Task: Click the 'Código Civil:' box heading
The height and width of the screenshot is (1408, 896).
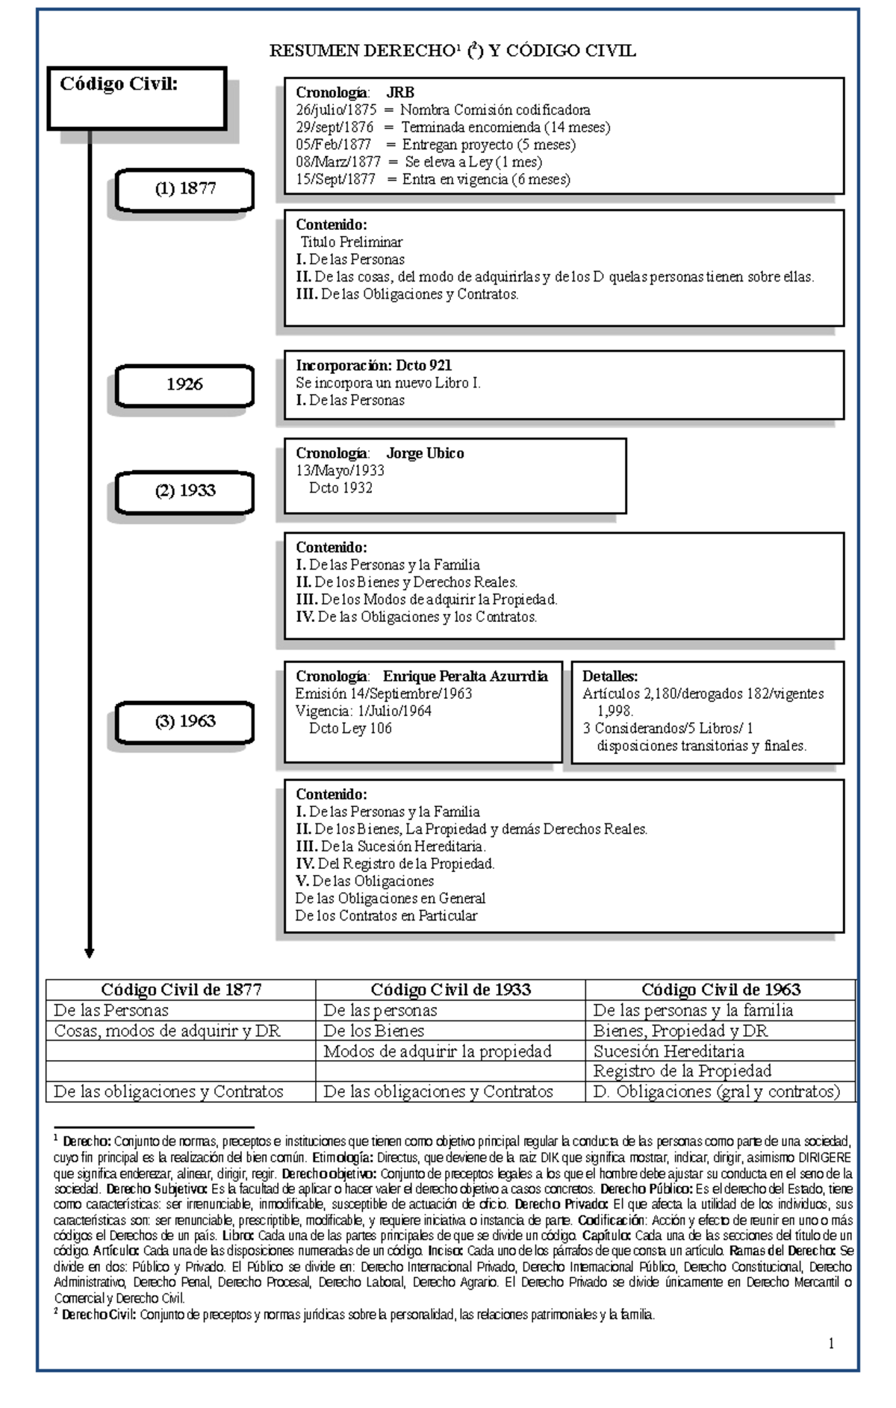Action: pos(119,84)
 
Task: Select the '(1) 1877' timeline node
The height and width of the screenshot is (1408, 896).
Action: pos(185,189)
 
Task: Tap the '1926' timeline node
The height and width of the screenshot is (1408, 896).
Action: pos(184,384)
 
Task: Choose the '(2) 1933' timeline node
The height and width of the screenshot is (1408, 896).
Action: pos(185,490)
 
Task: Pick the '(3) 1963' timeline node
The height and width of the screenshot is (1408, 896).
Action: pos(185,721)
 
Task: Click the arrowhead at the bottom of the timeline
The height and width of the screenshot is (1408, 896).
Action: pos(90,953)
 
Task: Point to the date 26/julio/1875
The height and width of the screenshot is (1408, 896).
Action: pos(336,110)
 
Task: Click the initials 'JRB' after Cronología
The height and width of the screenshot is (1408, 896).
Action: pos(400,93)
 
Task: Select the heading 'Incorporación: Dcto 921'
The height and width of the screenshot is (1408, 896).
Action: pos(373,365)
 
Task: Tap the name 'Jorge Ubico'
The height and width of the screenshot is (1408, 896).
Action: pos(425,453)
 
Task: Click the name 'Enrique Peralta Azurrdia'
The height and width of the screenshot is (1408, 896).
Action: pos(465,676)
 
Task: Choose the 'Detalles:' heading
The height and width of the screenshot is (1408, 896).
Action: pos(610,676)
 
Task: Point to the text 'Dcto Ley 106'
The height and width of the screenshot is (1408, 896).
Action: pos(350,729)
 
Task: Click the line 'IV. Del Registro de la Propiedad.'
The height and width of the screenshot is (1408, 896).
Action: pos(395,864)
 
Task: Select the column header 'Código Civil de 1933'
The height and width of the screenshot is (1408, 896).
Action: pos(450,990)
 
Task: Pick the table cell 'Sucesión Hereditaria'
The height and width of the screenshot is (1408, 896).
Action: pos(668,1051)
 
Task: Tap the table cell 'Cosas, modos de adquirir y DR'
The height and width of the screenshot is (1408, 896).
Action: pos(167,1031)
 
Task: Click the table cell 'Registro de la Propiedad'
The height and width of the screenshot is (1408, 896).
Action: pos(682,1071)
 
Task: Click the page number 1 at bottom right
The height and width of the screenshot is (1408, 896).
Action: pos(831,1344)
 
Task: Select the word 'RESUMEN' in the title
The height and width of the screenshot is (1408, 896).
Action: pos(314,52)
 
